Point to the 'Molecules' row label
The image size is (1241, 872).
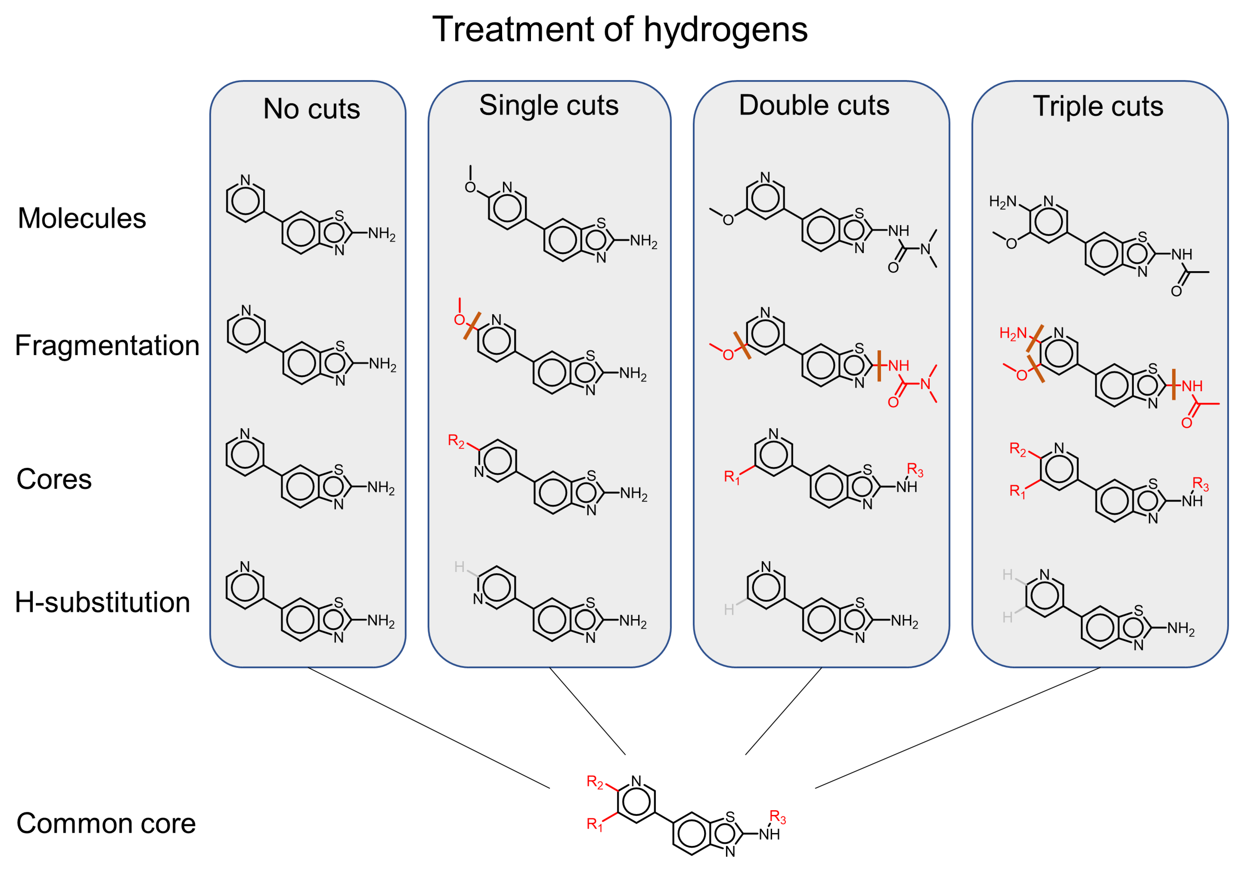82,218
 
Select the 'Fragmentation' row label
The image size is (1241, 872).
107,345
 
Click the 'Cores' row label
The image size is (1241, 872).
54,479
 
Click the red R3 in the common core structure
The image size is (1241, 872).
777,816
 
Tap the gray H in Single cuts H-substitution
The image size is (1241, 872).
459,566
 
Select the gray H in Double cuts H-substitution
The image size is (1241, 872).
729,610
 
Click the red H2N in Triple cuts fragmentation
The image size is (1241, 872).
1012,333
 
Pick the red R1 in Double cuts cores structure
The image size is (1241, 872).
731,477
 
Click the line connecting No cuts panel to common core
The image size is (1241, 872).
428,728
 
